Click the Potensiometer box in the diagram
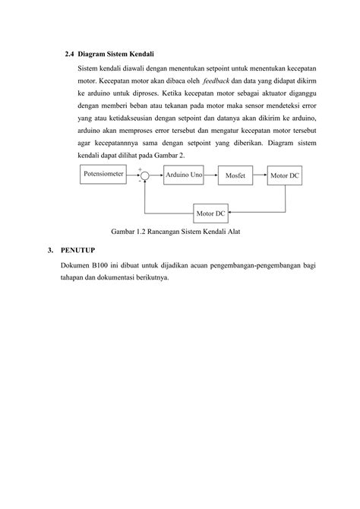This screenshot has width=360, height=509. (x=105, y=174)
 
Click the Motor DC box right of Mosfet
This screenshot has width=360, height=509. (x=286, y=175)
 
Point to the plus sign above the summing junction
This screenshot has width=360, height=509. (x=140, y=168)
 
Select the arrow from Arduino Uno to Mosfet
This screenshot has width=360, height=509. (x=212, y=175)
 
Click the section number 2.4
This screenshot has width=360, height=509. (x=71, y=55)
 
